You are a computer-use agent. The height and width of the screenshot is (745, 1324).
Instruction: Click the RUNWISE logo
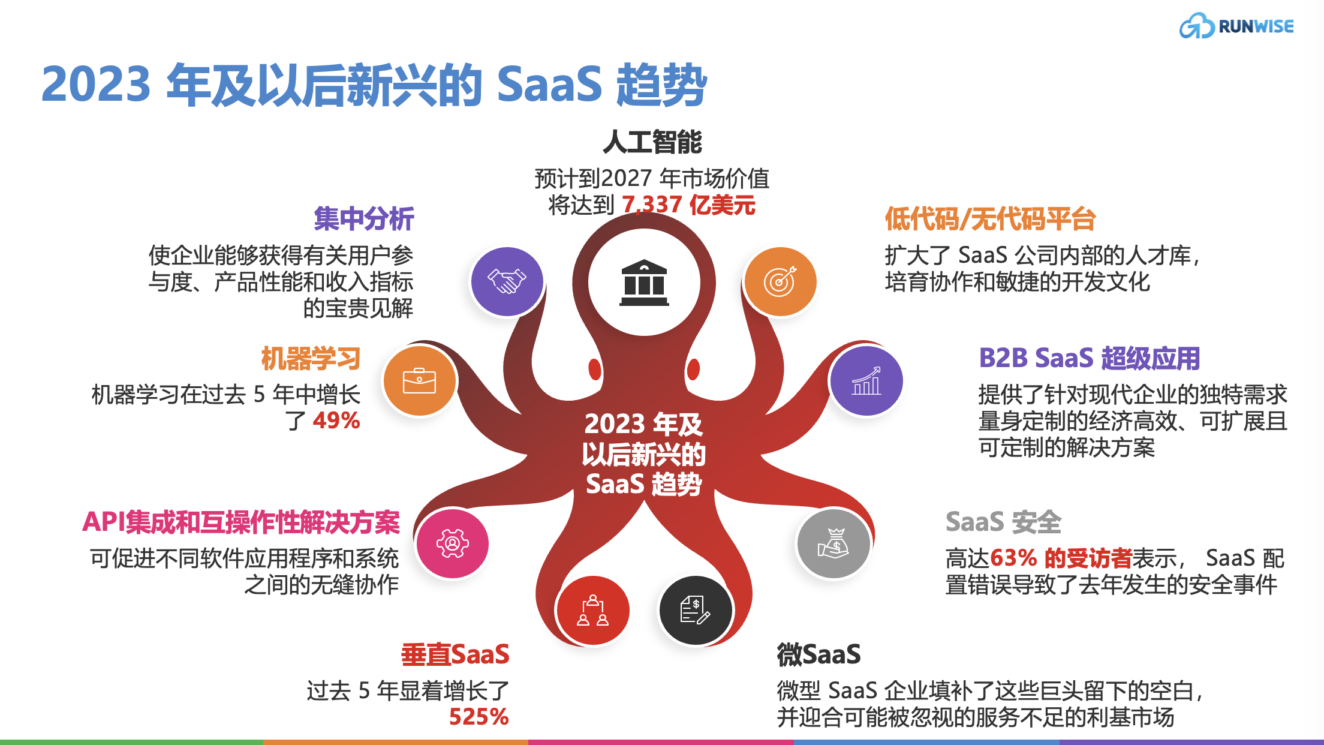point(1236,26)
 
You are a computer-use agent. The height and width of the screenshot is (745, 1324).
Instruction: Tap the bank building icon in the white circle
point(644,283)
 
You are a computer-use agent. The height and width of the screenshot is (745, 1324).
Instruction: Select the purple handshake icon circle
point(507,281)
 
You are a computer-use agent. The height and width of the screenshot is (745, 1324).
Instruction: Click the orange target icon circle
point(780,281)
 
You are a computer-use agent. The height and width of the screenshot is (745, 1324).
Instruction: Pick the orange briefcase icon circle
point(420,380)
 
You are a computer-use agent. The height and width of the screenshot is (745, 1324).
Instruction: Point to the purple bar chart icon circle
point(866,380)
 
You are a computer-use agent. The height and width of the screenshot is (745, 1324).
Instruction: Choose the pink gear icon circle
point(453,543)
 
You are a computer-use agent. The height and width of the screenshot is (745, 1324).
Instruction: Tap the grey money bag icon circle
point(833,543)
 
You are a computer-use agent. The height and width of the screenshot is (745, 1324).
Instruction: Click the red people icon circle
point(592,611)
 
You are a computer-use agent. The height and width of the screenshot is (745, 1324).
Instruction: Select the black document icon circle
point(696,611)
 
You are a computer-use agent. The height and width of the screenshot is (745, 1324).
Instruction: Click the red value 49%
point(336,420)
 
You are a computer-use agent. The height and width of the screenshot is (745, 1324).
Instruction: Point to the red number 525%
point(479,717)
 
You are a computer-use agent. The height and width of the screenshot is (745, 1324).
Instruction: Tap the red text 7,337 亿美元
point(688,205)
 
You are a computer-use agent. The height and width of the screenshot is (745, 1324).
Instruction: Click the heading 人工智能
point(652,142)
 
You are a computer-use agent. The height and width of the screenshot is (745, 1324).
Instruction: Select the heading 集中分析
point(364,218)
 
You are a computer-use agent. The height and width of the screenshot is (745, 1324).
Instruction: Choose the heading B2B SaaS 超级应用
point(1089,358)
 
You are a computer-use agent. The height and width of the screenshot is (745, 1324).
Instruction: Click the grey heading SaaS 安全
point(1003,522)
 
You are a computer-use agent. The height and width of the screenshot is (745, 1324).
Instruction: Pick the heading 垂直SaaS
point(455,654)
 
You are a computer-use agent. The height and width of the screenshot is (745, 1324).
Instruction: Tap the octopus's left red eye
point(595,369)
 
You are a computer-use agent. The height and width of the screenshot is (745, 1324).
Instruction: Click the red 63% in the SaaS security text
point(1013,558)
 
